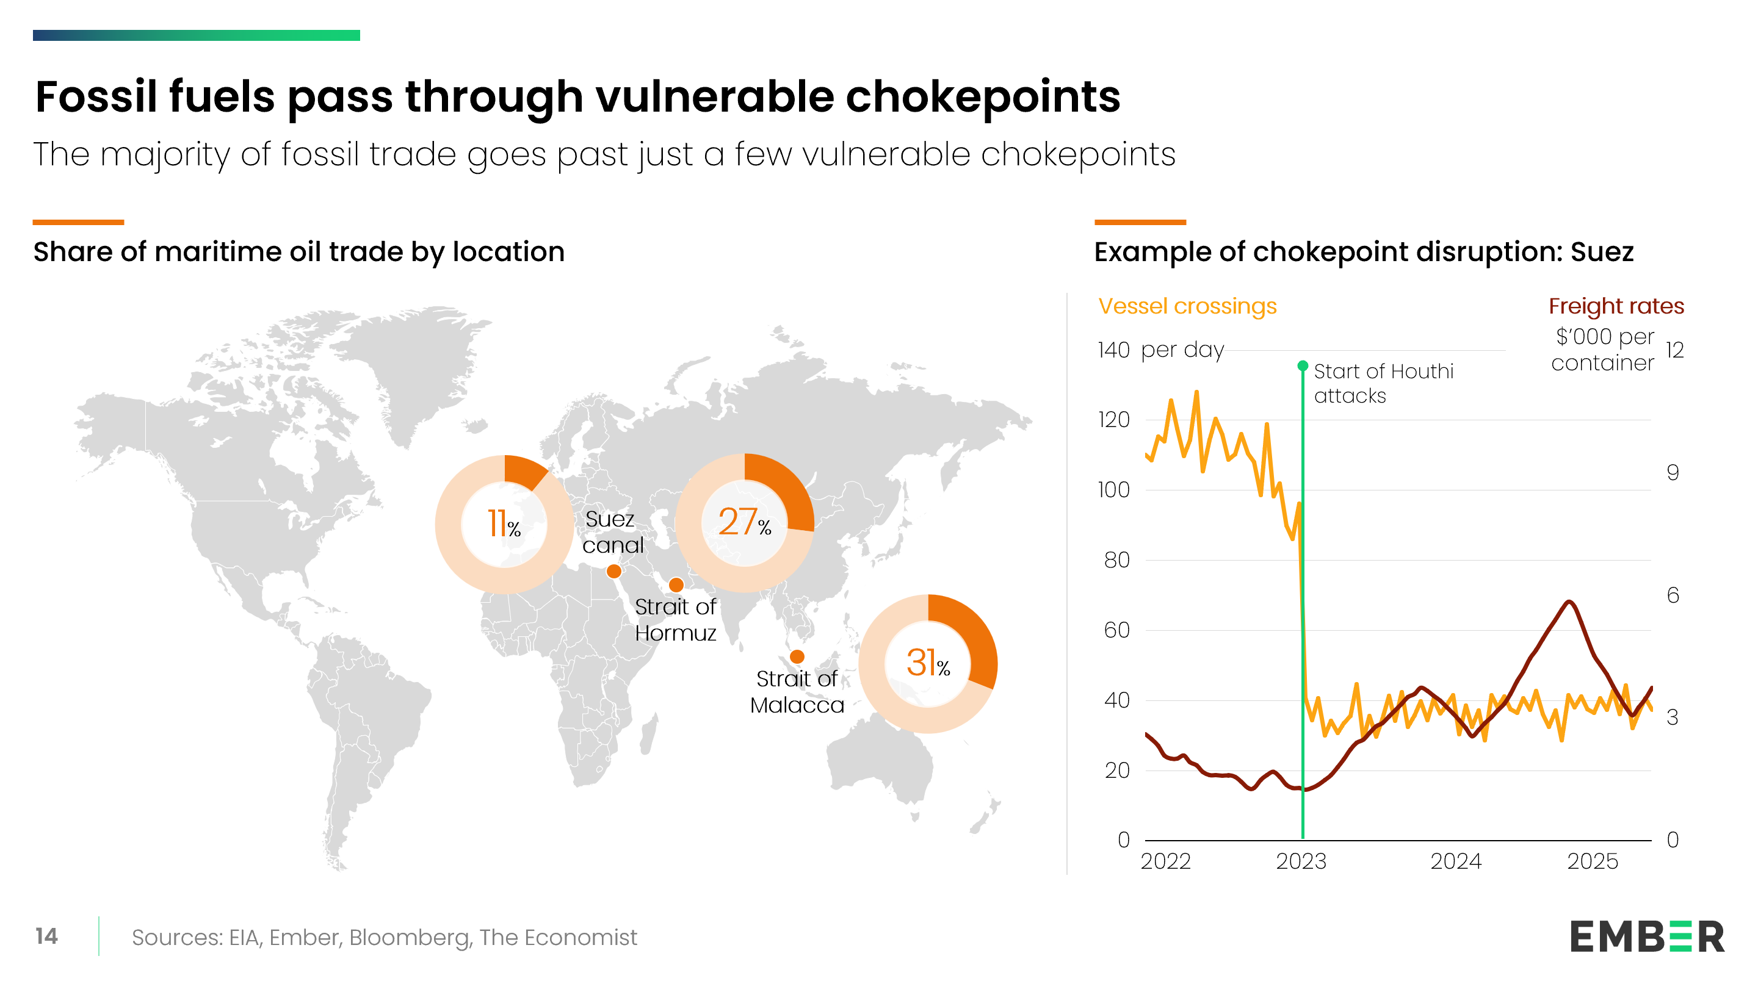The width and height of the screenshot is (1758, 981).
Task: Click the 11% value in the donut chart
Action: tap(504, 524)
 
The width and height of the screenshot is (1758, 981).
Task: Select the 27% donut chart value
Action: tap(744, 522)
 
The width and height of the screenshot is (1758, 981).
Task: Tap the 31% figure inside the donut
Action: tap(927, 663)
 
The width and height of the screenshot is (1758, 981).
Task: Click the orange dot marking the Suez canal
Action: tap(613, 571)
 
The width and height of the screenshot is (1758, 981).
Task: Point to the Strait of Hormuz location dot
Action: tap(676, 584)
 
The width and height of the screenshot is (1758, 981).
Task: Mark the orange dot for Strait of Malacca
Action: tap(797, 656)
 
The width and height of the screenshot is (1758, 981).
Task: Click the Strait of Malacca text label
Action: tap(797, 692)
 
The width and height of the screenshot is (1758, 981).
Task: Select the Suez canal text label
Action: tap(612, 532)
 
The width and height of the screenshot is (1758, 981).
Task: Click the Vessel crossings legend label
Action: tap(1187, 307)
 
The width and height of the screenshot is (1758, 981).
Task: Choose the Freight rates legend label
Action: tap(1616, 306)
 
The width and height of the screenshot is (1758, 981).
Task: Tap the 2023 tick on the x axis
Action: tap(1301, 861)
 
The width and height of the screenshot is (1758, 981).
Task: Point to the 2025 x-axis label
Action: tap(1592, 861)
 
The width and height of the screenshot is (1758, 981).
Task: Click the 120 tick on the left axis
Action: tap(1114, 420)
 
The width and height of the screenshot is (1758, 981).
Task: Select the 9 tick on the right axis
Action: tap(1673, 472)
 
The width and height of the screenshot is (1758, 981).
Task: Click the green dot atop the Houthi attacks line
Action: tap(1302, 365)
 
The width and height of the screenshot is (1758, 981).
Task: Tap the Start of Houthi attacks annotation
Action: tap(1383, 383)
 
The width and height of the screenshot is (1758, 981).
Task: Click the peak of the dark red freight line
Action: tap(1569, 602)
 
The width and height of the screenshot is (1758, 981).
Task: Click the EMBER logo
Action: tap(1647, 936)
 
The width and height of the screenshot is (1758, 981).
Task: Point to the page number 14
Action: tap(46, 936)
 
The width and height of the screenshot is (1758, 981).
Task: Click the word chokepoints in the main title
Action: tap(983, 98)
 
